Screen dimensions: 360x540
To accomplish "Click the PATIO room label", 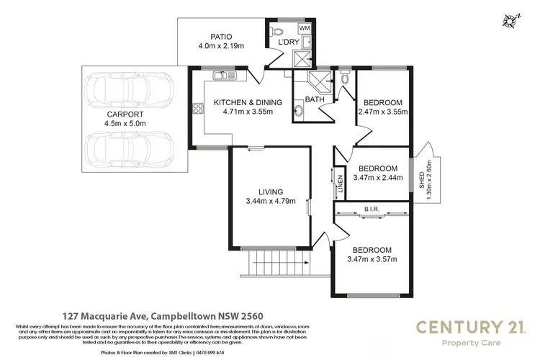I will pyautogui.click(x=221, y=36).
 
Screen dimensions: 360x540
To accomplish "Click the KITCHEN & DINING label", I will pyautogui.click(x=248, y=103).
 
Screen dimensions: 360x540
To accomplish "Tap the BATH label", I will pyautogui.click(x=314, y=99).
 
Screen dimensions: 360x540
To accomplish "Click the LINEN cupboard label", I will pyautogui.click(x=340, y=184).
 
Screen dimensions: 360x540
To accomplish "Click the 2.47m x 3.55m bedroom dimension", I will pyautogui.click(x=383, y=112).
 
